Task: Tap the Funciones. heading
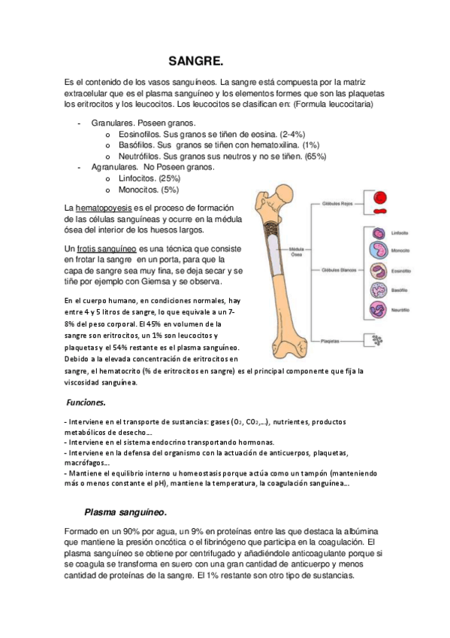86,403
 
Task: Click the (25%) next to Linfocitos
166,179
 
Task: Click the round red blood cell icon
381,199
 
